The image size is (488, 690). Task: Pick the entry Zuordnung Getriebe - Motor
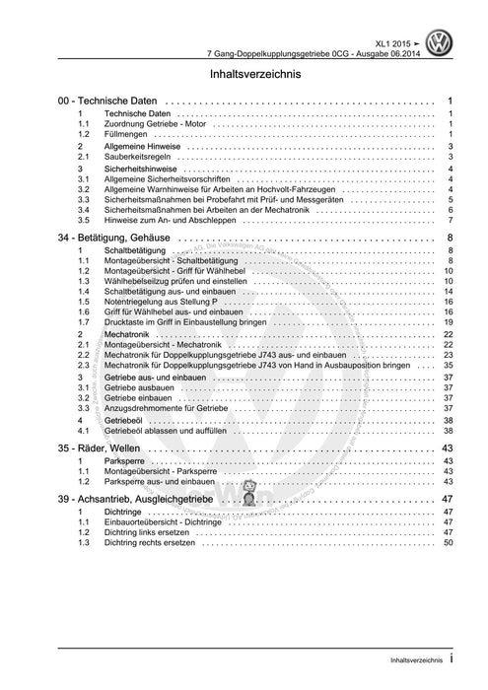pyautogui.click(x=157, y=124)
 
